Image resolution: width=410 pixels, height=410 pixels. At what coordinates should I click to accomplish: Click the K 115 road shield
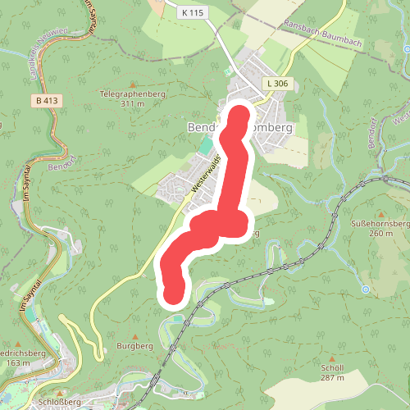point(193,12)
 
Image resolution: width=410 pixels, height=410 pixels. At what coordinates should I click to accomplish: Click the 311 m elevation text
point(131,104)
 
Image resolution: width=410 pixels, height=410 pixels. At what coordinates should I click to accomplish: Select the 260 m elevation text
point(376,234)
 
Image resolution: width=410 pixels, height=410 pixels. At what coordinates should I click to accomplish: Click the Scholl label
point(331,368)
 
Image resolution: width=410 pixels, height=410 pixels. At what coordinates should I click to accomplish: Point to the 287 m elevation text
point(331,378)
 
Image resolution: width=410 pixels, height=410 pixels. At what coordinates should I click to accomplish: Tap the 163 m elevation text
point(15,362)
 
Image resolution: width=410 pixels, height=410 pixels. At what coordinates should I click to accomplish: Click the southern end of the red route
point(173,293)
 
